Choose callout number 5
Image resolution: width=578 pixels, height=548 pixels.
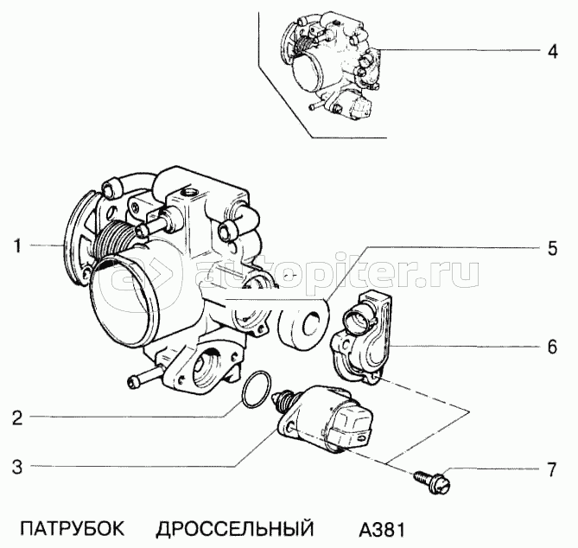[x=550, y=248]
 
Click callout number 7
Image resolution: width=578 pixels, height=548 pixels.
[x=550, y=471]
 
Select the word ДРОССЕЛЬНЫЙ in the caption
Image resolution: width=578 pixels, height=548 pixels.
[x=235, y=527]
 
